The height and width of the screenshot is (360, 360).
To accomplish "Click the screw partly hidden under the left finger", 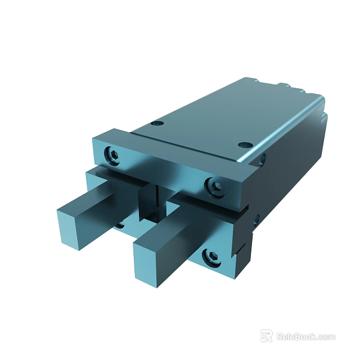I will click(x=120, y=225).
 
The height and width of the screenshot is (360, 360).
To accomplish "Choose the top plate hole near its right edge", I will click(x=244, y=145).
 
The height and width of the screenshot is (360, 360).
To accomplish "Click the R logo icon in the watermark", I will click(x=266, y=336).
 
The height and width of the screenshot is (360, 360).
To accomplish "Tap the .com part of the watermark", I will click(x=326, y=337).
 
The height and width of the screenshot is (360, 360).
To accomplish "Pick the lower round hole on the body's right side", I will click(x=256, y=220).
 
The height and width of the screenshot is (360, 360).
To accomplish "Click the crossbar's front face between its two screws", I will click(x=163, y=168).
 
